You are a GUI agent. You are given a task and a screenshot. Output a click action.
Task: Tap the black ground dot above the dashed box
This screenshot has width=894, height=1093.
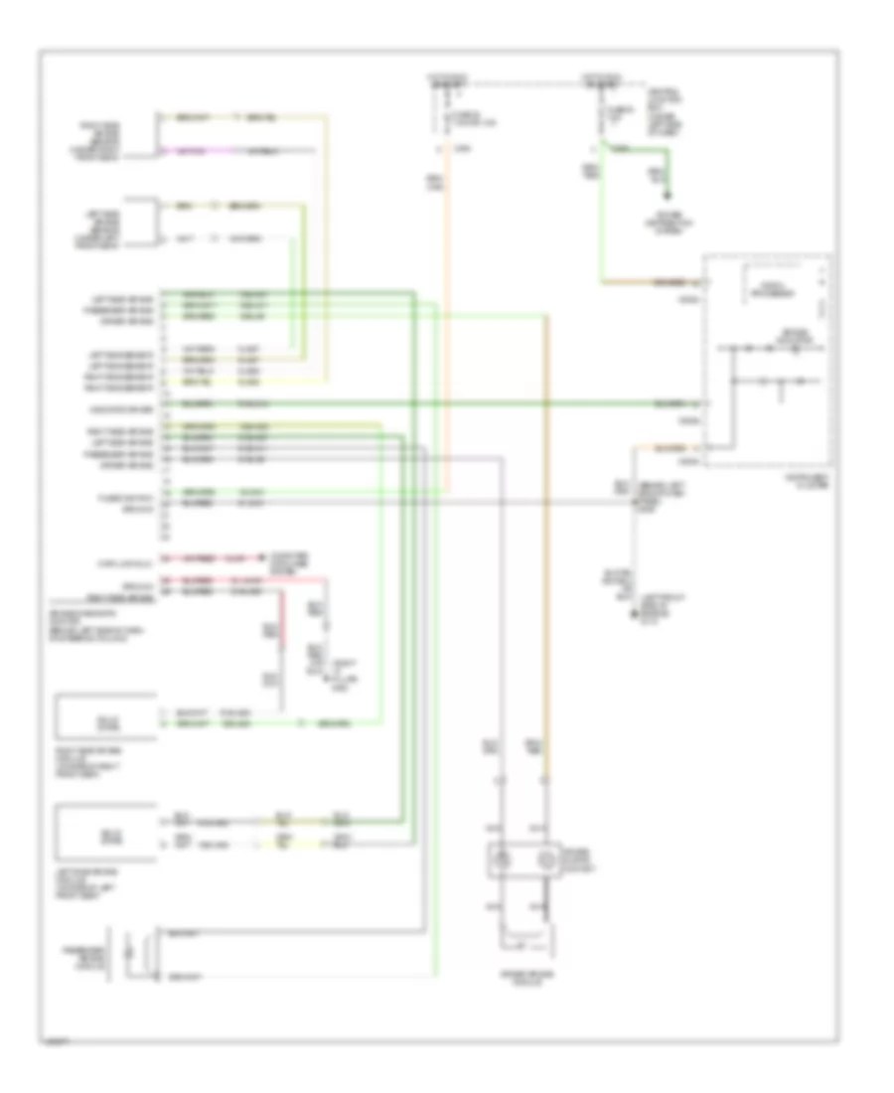click(667, 196)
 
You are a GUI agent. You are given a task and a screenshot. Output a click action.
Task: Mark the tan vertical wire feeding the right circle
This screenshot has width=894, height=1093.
click(543, 596)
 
